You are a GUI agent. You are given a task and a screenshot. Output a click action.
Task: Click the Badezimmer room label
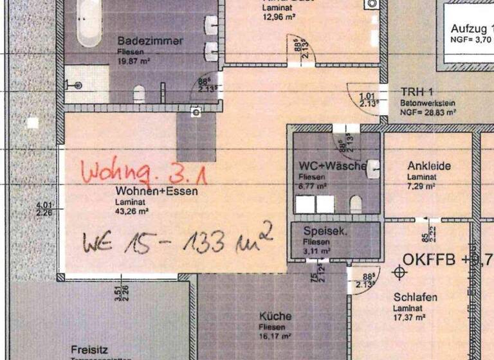pos(150,40)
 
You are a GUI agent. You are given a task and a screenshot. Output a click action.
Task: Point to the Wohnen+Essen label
pos(157,191)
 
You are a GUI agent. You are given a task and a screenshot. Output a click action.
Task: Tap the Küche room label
pos(275,316)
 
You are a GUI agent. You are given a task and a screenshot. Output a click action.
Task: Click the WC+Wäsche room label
pos(333,166)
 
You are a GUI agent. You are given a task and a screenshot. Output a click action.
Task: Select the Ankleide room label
pos(429,166)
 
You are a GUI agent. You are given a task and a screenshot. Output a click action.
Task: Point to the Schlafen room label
pos(416,297)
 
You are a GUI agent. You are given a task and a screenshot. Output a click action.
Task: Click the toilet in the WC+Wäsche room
pos(356,204)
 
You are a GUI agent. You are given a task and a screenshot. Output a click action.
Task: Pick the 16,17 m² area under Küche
pos(275,336)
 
